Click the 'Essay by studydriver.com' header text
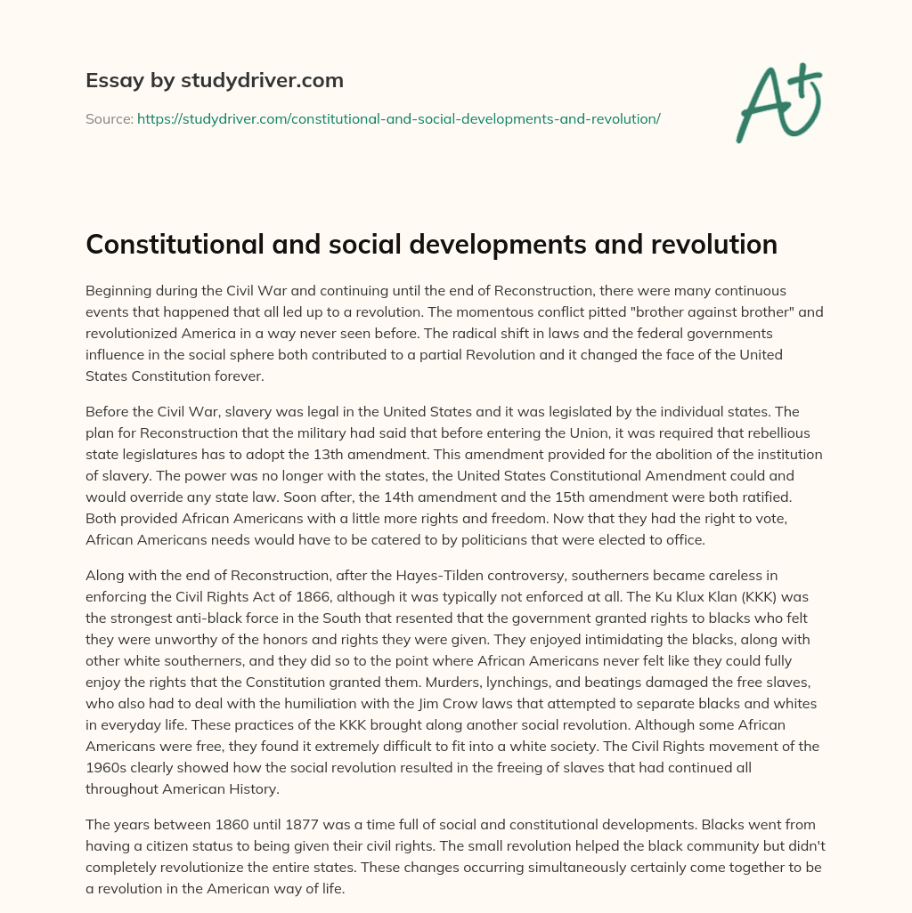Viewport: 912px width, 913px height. pos(215,80)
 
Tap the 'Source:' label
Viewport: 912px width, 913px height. pos(109,117)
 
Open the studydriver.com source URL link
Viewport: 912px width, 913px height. pos(398,117)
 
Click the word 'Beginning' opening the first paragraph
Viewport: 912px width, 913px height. pos(123,291)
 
